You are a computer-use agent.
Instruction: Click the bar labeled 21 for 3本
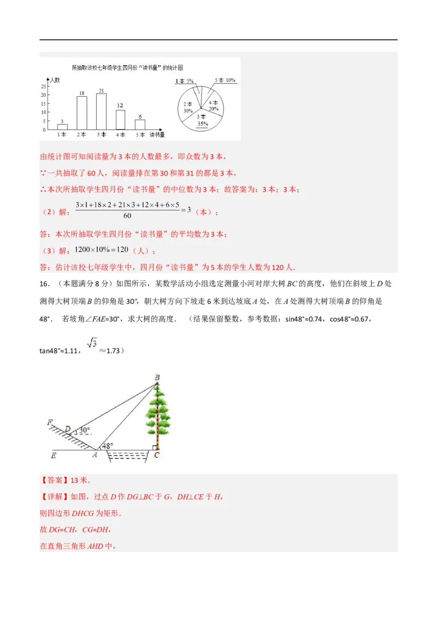pos(101,111)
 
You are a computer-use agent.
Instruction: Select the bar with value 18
pos(81,113)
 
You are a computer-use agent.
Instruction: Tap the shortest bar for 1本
pos(62,127)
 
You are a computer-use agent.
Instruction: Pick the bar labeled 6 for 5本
pos(140,124)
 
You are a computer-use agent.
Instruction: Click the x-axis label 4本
pos(120,135)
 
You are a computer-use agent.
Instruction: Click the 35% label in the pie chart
pos(202,124)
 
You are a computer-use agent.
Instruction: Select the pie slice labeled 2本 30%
pos(188,107)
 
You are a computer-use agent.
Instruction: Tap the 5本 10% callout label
pos(225,80)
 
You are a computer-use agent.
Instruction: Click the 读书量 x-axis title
pos(157,135)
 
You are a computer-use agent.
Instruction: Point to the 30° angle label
pos(84,430)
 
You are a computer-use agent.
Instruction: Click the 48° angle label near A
pos(108,446)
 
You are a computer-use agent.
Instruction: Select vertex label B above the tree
pos(157,377)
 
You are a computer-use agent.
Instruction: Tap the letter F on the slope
pos(50,422)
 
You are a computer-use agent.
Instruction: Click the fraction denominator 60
pos(127,216)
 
